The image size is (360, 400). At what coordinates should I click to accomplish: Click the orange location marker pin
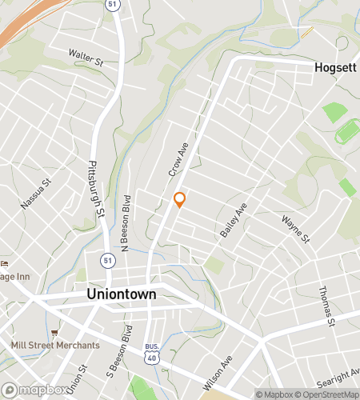click(x=180, y=200)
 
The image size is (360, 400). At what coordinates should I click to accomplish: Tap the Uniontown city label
click(x=121, y=294)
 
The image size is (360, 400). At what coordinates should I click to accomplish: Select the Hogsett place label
click(x=335, y=68)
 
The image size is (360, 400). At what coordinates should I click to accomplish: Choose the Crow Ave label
click(x=177, y=159)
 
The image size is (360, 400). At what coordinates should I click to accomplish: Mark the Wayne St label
click(x=295, y=229)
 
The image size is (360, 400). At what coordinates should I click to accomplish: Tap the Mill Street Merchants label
click(x=55, y=346)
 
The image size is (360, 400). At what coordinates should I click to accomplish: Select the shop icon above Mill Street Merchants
click(x=54, y=332)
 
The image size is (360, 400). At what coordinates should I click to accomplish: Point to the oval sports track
click(x=346, y=130)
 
